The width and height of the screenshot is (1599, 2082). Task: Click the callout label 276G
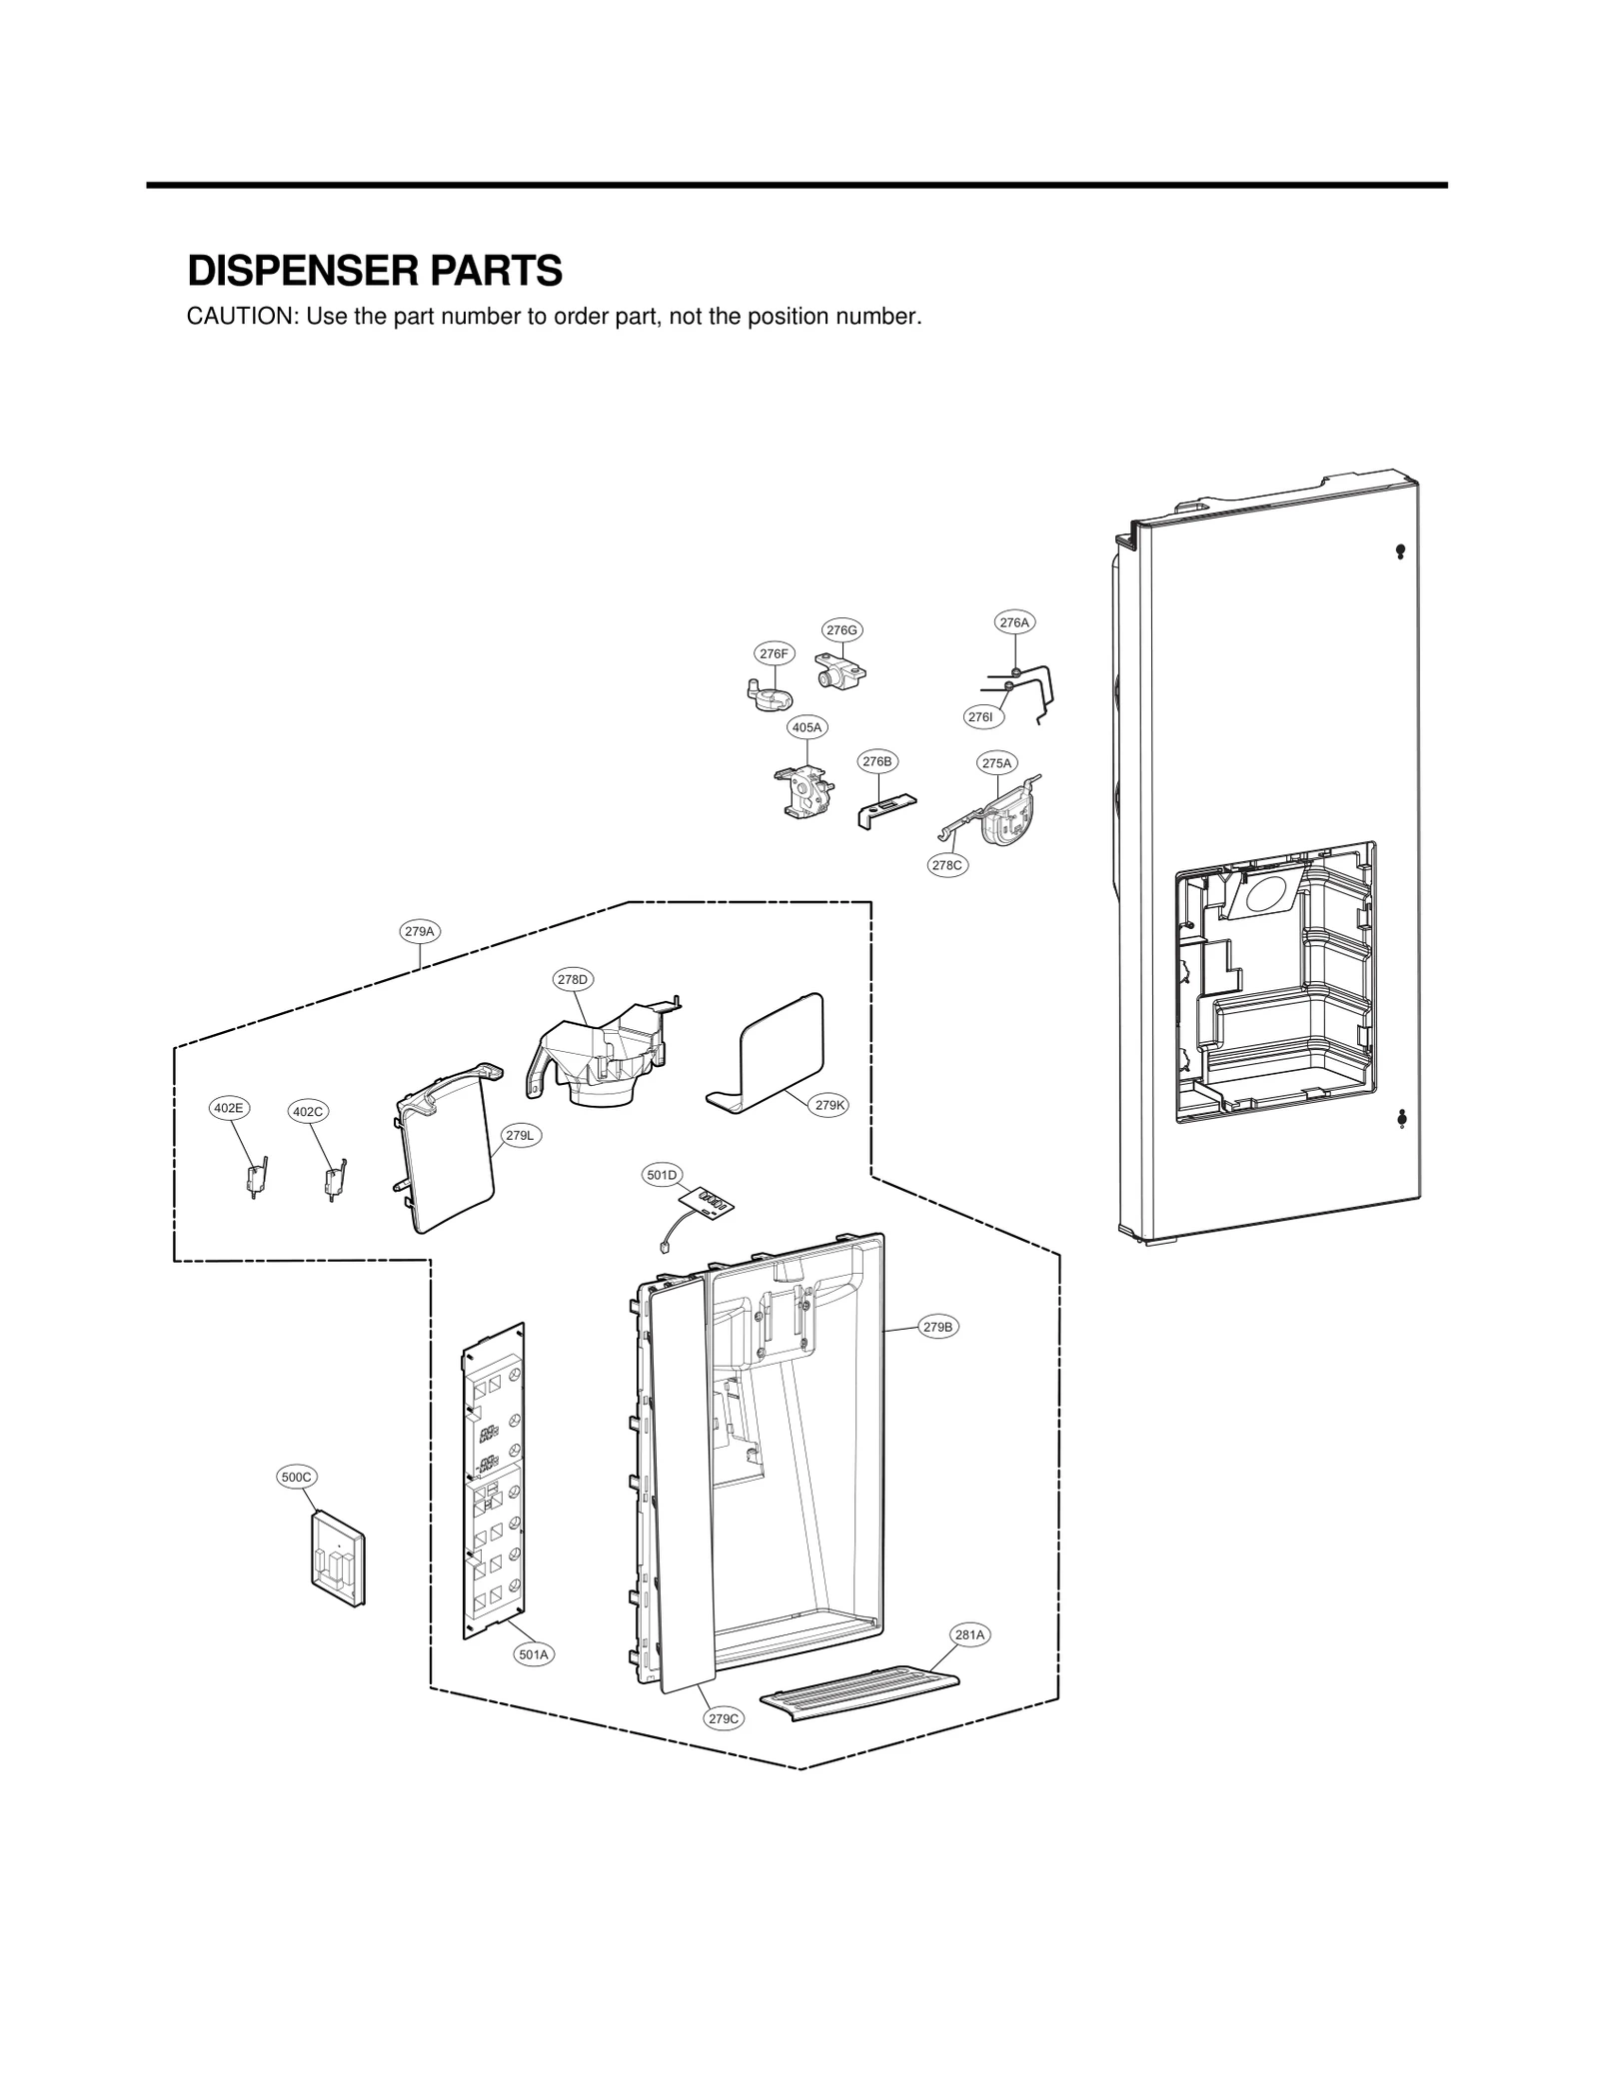point(841,629)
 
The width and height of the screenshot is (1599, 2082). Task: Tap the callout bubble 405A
point(806,727)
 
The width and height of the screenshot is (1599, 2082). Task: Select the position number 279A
point(420,931)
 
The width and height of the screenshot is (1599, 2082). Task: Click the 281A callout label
point(969,1635)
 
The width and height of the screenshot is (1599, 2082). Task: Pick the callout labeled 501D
point(661,1175)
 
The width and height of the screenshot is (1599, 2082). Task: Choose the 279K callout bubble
point(829,1105)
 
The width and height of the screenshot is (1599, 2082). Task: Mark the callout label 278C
point(946,865)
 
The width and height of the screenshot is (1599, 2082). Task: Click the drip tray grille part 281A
point(859,1693)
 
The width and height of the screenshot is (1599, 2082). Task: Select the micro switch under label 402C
point(333,1179)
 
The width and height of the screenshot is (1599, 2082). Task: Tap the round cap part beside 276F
point(769,694)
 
